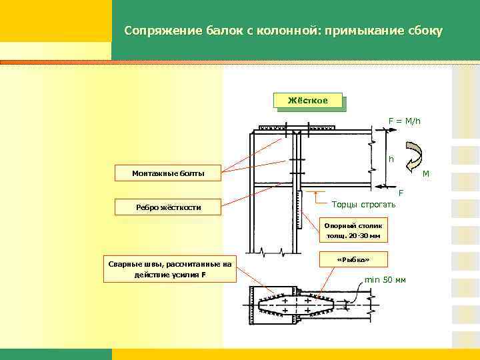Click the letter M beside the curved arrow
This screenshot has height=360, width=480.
(x=426, y=175)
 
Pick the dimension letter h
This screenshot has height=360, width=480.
(x=391, y=159)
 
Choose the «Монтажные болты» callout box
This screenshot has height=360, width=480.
(x=169, y=174)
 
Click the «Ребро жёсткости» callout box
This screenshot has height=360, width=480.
(x=169, y=207)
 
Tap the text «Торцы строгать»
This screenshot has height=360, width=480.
(x=363, y=204)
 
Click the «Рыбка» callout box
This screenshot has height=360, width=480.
(x=353, y=259)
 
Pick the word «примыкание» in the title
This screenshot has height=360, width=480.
(x=361, y=31)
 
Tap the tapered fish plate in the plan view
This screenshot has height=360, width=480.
(x=297, y=305)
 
